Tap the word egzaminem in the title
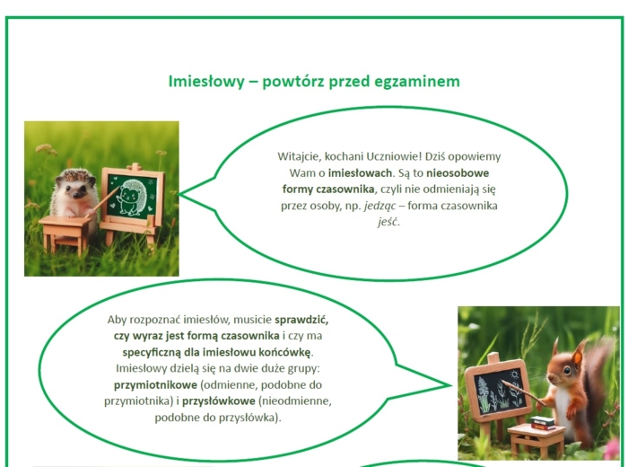418,82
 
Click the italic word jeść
388,222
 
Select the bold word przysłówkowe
219,401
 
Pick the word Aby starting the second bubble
118,320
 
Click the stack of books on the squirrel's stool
542,421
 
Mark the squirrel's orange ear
556,341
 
